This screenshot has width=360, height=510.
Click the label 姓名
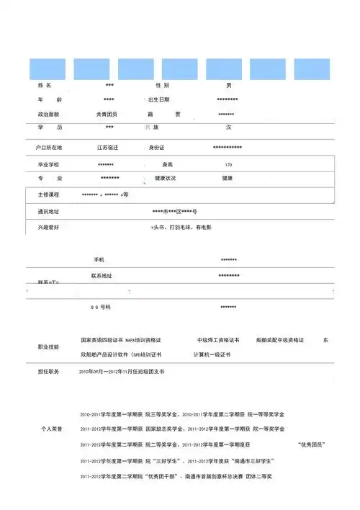click(45, 86)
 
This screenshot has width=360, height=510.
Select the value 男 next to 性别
click(229, 86)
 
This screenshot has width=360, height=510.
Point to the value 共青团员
click(107, 114)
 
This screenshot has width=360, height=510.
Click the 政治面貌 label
click(49, 114)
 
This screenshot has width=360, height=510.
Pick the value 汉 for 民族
click(228, 127)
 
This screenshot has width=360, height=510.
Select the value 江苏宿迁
click(107, 148)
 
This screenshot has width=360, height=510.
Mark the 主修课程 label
click(49, 195)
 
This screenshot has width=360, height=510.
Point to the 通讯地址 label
click(49, 212)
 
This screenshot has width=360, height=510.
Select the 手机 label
click(99, 259)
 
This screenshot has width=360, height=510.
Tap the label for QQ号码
click(100, 307)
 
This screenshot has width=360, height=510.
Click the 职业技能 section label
click(49, 347)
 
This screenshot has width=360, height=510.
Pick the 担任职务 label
click(49, 372)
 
